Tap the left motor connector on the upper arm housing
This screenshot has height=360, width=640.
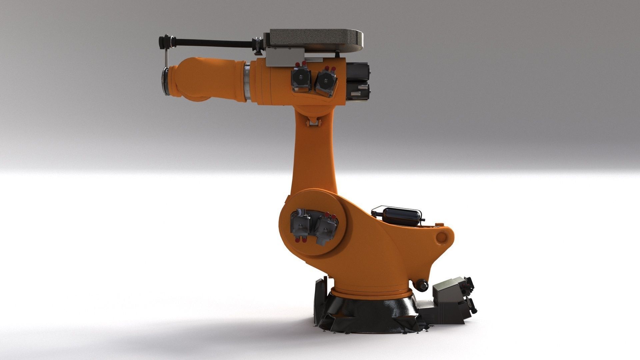point(301,79)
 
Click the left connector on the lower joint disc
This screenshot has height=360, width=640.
point(301,224)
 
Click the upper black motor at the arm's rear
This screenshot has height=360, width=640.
point(358,72)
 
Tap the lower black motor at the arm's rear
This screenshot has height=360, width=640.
point(358,92)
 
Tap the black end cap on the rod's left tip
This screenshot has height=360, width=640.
point(163,41)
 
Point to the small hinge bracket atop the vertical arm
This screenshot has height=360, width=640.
point(313,123)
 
